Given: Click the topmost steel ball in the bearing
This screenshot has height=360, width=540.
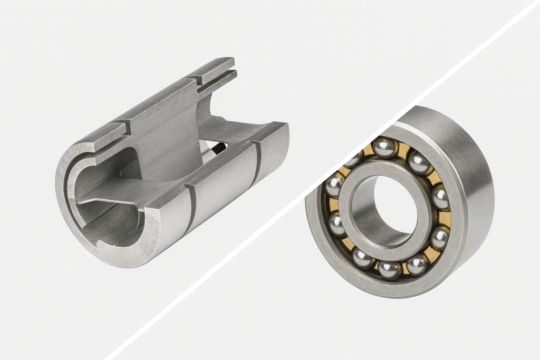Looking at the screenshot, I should pyautogui.click(x=385, y=147).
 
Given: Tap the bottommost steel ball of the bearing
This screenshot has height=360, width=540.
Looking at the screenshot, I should pyautogui.click(x=389, y=269).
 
